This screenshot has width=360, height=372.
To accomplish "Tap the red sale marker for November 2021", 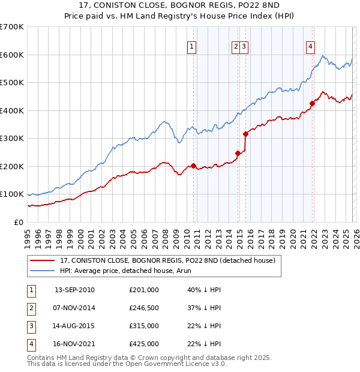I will tap(312, 103).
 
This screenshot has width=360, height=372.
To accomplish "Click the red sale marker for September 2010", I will tap(193, 166).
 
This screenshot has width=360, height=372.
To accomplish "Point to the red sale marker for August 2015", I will tap(245, 134).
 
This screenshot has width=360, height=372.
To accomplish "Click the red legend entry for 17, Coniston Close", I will tap(167, 260).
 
